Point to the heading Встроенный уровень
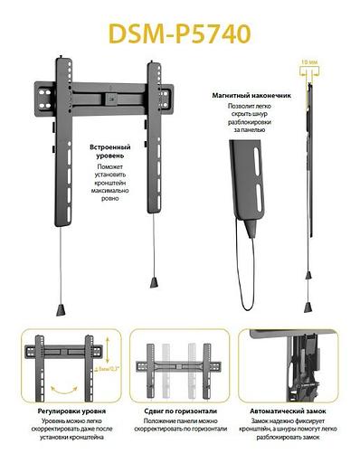(112, 151)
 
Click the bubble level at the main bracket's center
(112, 94)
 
